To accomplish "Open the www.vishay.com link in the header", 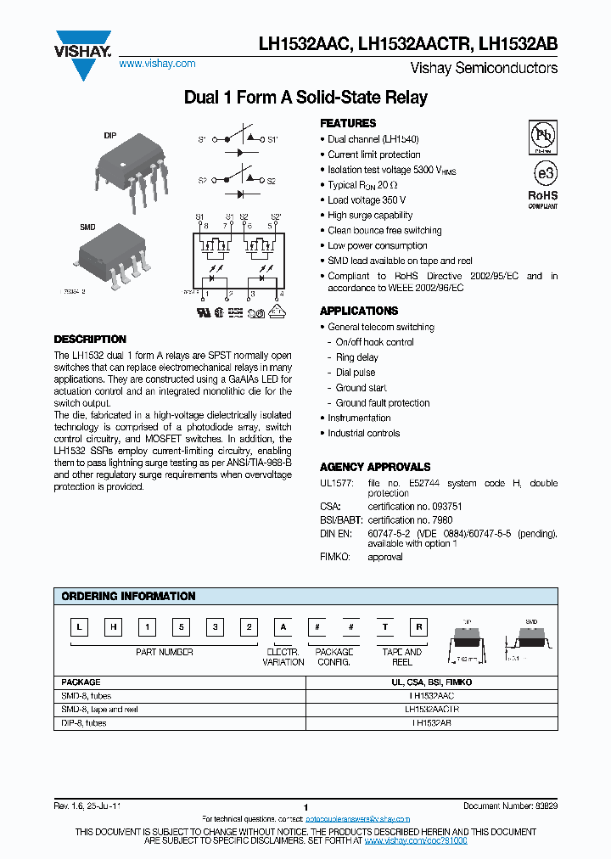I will [x=157, y=64].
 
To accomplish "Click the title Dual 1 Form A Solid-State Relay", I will [x=305, y=98].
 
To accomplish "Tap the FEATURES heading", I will [x=348, y=123].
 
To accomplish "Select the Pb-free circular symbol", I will [x=542, y=135].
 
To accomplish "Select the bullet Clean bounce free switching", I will [x=384, y=231].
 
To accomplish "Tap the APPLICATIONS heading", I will [x=359, y=312].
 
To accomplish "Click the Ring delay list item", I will [x=356, y=357].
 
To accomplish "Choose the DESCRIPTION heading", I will [x=90, y=339].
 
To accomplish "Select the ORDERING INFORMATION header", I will [x=128, y=597].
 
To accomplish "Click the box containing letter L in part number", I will [x=79, y=628].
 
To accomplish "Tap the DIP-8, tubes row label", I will [x=84, y=723].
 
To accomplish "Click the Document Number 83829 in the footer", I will [x=510, y=806].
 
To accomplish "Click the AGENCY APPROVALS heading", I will [x=375, y=467].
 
